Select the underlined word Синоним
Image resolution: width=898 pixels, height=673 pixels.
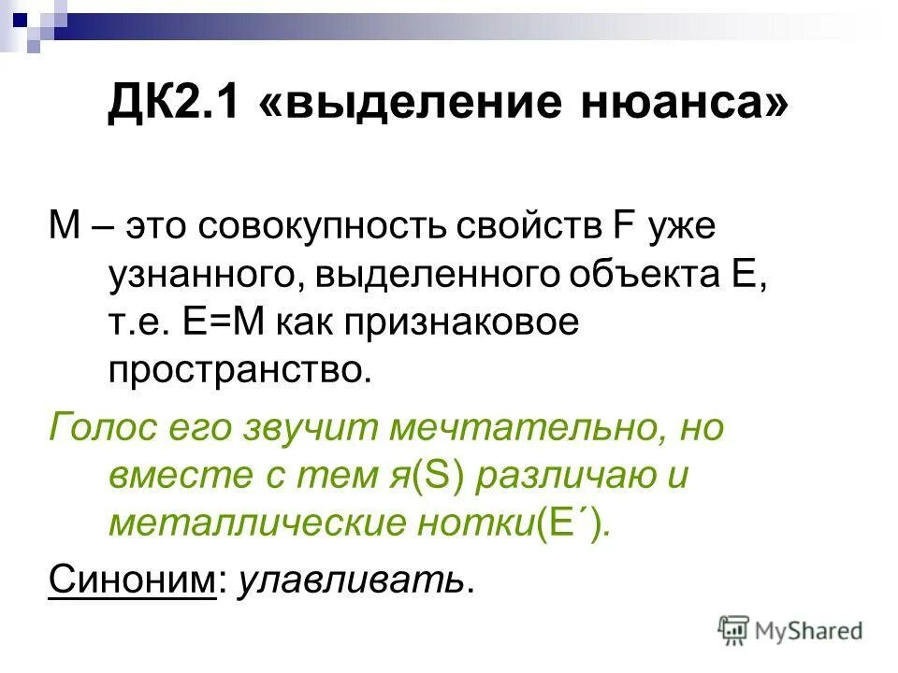(x=132, y=580)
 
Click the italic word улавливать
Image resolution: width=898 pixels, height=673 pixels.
(x=351, y=580)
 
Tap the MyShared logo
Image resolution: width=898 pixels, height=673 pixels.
(x=790, y=632)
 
